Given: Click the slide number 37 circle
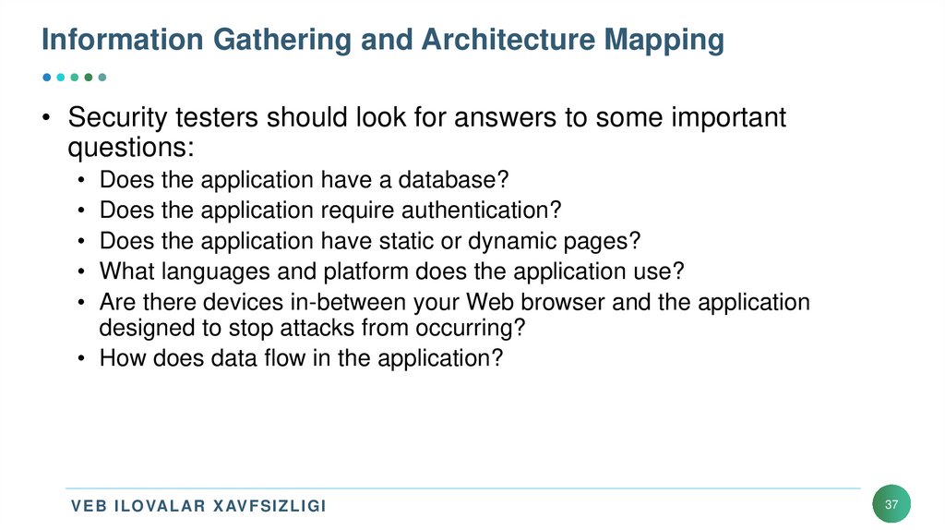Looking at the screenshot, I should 891,505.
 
